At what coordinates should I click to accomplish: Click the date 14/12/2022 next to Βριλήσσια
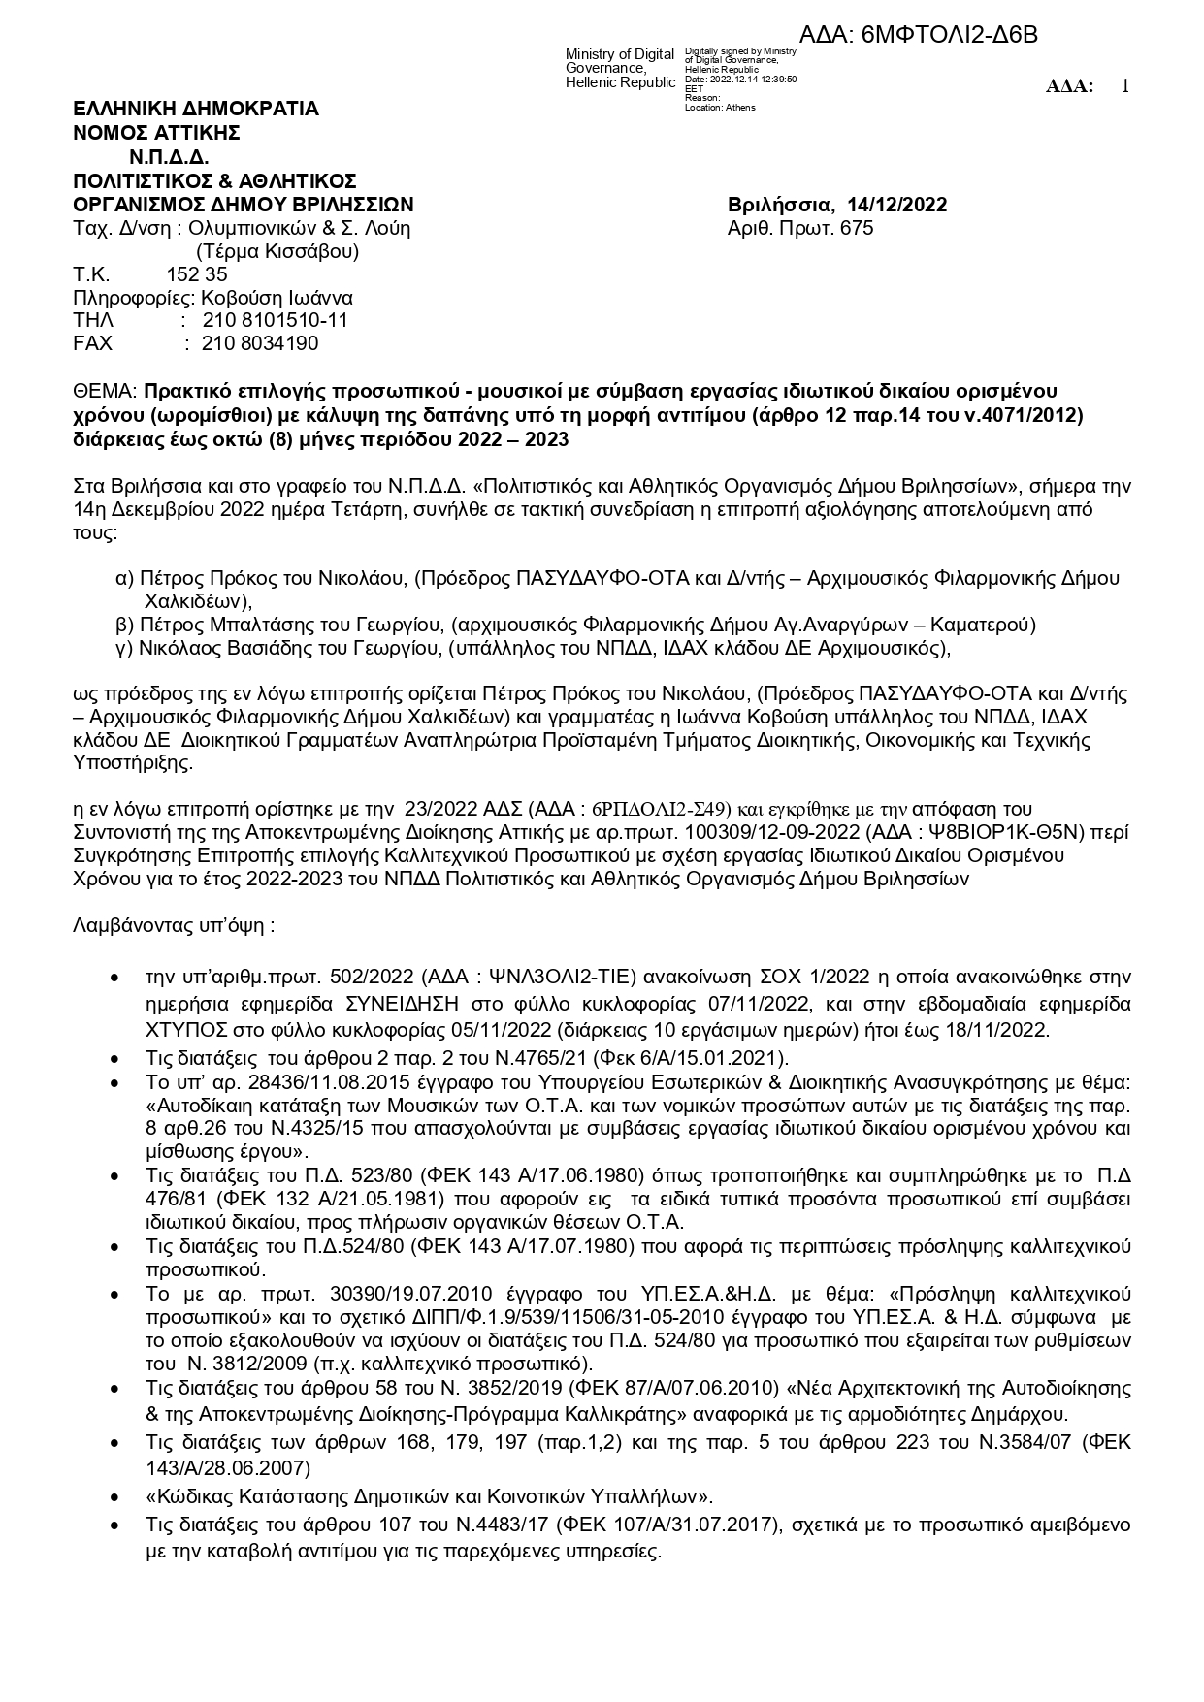coord(896,205)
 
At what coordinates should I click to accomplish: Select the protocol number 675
coord(859,228)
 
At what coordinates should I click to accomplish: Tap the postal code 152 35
coord(197,274)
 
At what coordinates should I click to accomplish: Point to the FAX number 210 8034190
coord(260,343)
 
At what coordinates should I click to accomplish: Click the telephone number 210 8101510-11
coord(276,320)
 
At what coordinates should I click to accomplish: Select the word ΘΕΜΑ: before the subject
coord(106,391)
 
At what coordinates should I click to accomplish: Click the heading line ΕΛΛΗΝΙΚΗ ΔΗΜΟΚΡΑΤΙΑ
coord(196,109)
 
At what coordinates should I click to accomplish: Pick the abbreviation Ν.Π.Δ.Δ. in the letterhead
coord(169,157)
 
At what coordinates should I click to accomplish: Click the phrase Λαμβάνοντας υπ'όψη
coord(173,925)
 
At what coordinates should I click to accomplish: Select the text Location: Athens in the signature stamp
coord(720,108)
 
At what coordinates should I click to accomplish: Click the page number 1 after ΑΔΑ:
coord(1125,86)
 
